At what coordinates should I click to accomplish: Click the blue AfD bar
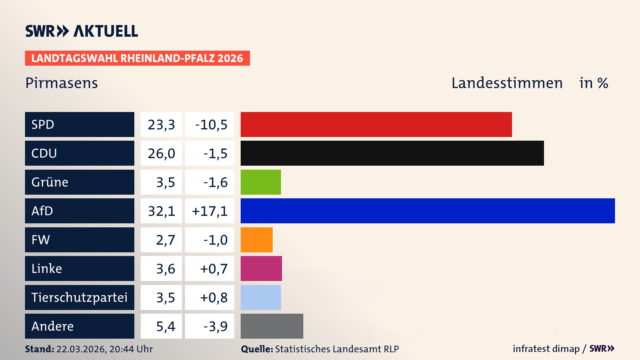[x=428, y=211]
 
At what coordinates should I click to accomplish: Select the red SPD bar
[x=376, y=124]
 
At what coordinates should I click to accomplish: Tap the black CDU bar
[x=392, y=153]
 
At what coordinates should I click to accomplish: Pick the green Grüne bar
[x=261, y=182]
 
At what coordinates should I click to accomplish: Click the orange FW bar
[x=256, y=240]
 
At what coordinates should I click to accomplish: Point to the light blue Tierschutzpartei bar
[x=261, y=297]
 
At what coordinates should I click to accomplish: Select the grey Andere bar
[x=272, y=326]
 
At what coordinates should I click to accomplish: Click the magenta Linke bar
[x=261, y=268]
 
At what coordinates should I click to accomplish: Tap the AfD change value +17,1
[x=210, y=211]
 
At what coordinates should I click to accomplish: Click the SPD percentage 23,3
[x=161, y=125]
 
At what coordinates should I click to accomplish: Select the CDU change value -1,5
[x=215, y=153]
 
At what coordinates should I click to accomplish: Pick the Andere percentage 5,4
[x=165, y=326]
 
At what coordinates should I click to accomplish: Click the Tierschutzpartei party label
[x=79, y=297]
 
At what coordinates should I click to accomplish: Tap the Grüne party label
[x=50, y=182]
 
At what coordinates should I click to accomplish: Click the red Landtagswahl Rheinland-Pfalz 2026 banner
[x=137, y=58]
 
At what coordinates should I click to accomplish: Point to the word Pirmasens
[x=62, y=83]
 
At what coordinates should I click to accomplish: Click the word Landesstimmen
[x=507, y=83]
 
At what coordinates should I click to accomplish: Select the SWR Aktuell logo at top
[x=82, y=31]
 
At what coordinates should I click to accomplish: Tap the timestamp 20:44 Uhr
[x=131, y=349]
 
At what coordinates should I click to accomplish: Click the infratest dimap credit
[x=546, y=349]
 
